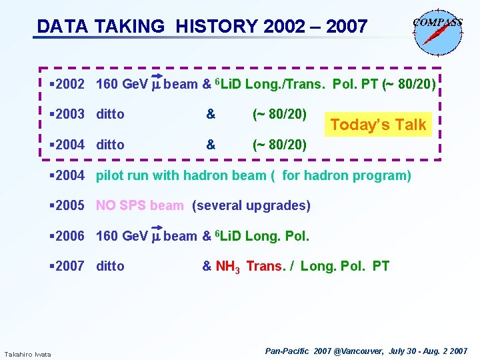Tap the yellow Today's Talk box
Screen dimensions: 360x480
tap(378, 125)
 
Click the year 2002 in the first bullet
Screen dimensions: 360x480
tap(70, 84)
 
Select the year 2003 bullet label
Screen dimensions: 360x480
tap(70, 114)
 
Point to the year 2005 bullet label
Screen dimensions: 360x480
tap(70, 205)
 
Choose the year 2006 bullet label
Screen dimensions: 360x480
tap(70, 236)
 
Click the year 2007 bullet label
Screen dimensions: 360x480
tap(70, 266)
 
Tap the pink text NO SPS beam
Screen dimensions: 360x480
tap(139, 205)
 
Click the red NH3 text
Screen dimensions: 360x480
tap(227, 267)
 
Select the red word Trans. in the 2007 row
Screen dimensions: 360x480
tap(265, 266)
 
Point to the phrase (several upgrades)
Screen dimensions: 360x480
tap(251, 205)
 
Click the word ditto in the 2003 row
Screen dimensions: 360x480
tap(110, 114)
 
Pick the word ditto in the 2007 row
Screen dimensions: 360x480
tap(110, 266)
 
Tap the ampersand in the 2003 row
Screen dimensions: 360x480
tap(211, 114)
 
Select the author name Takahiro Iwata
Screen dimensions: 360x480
tap(27, 353)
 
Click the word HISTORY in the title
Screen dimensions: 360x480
tap(215, 27)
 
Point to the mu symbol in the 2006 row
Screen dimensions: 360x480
tap(156, 236)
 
